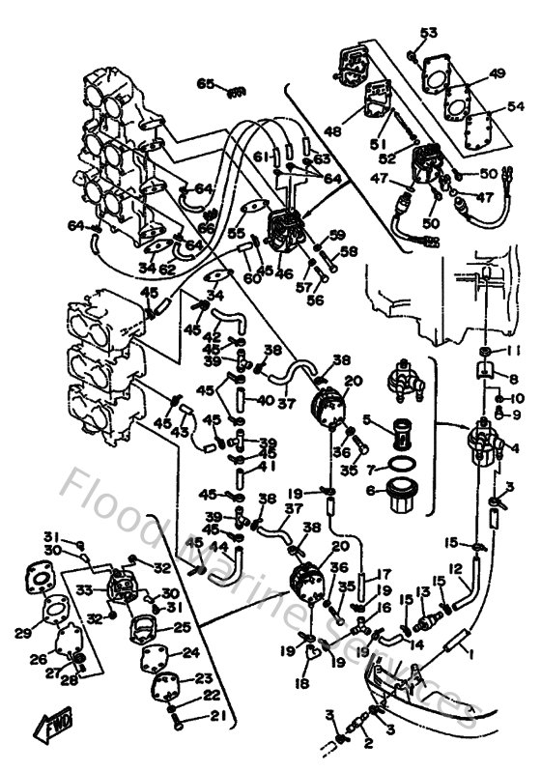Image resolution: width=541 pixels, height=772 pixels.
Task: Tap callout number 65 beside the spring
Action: click(x=205, y=84)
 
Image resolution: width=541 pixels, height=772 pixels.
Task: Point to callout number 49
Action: click(x=497, y=73)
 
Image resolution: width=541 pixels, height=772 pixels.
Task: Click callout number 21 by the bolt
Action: click(x=217, y=716)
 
